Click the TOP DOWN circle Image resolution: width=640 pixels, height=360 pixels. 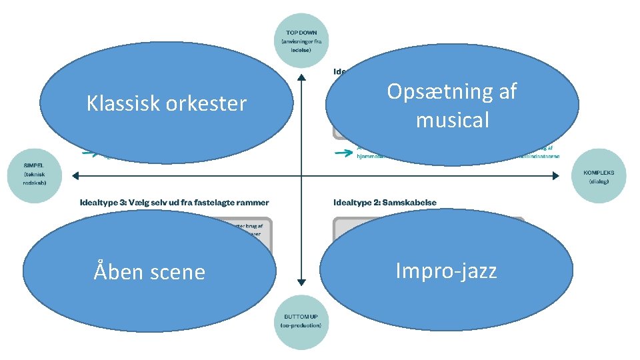(x=301, y=40)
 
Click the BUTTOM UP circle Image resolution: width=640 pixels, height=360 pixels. (x=301, y=321)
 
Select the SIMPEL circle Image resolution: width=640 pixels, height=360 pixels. (x=34, y=175)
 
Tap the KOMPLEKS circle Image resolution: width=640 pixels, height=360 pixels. (x=599, y=175)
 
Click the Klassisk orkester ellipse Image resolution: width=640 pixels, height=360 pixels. (x=166, y=103)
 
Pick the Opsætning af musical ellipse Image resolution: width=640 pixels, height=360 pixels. (x=452, y=105)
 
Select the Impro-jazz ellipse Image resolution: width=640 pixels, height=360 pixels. (x=446, y=270)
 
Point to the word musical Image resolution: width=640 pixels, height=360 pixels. (x=452, y=120)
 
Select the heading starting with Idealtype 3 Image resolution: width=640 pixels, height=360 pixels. (x=174, y=202)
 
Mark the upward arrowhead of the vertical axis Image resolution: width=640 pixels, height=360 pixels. (x=301, y=78)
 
